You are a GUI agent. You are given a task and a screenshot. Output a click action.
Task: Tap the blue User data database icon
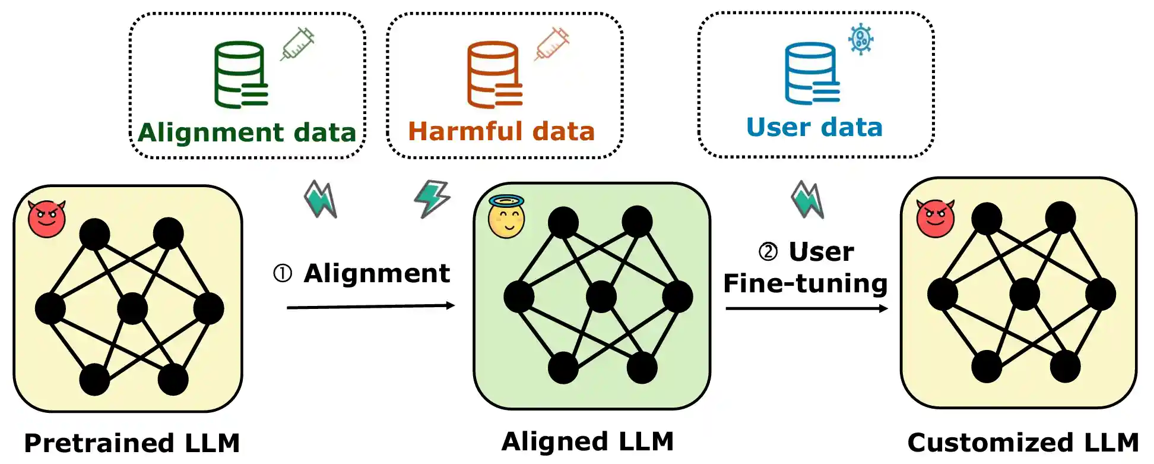tap(811, 73)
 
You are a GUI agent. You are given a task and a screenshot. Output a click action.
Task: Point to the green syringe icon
tap(297, 43)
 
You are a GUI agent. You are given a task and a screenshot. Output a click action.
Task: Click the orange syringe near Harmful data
tap(551, 43)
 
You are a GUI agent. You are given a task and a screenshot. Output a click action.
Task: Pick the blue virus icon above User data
tap(861, 39)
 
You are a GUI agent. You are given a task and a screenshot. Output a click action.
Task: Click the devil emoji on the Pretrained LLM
tap(47, 219)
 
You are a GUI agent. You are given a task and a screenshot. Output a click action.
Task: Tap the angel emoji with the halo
tap(506, 217)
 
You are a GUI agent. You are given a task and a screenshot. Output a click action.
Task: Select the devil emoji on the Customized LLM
tap(936, 218)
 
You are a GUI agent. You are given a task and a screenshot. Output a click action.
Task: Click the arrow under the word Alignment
tap(370, 307)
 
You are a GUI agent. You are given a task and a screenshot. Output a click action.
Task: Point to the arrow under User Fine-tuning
tap(806, 308)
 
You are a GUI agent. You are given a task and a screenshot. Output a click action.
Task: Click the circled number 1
tap(283, 273)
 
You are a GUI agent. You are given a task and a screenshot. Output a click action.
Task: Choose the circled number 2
tap(768, 251)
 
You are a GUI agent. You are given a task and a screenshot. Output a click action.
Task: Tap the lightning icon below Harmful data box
tap(432, 198)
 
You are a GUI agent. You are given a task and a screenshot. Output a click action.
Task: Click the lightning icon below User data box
tap(807, 199)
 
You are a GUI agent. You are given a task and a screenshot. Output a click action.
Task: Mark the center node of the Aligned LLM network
tap(601, 296)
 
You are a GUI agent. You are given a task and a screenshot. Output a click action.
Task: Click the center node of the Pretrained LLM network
tap(132, 308)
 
